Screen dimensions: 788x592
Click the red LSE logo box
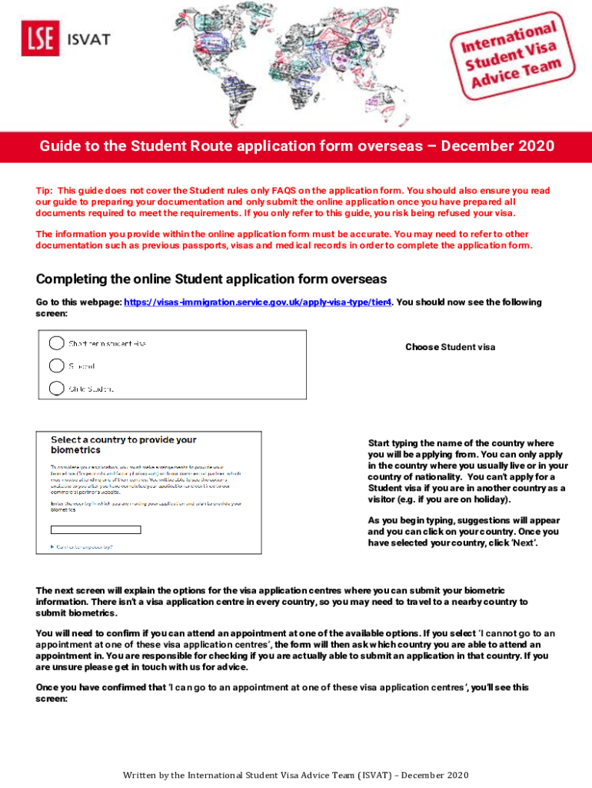[x=41, y=39]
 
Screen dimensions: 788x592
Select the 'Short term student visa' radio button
[x=56, y=342]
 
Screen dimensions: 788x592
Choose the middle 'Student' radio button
[x=56, y=365]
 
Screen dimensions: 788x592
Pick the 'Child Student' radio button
[x=56, y=388]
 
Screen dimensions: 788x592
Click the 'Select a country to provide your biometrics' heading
[x=123, y=444]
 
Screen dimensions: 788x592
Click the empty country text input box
[x=95, y=529]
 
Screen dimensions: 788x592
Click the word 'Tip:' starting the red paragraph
[x=45, y=190]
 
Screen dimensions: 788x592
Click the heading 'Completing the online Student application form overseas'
[x=211, y=279]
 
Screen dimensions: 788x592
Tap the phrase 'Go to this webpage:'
[x=78, y=302]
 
